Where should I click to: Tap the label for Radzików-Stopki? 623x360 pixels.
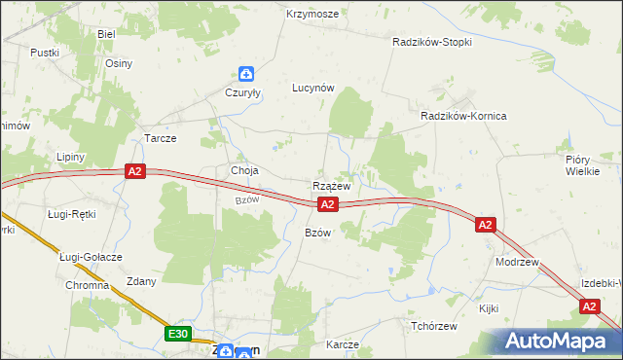coord(432,43)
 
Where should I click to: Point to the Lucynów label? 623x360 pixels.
coord(313,88)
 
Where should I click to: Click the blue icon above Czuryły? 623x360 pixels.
coord(247,73)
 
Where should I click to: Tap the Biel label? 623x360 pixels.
coord(106,33)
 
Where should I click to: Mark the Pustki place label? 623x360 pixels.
coord(45,53)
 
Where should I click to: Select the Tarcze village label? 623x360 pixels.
coord(160,138)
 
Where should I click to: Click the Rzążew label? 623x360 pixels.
coord(331,185)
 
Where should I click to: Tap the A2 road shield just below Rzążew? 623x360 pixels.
coord(328,204)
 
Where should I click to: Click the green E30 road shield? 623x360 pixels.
coord(176,334)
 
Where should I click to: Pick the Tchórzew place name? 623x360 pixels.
coord(434,326)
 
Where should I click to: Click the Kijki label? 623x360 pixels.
coord(488,308)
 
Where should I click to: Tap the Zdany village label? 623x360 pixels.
coord(141,281)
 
